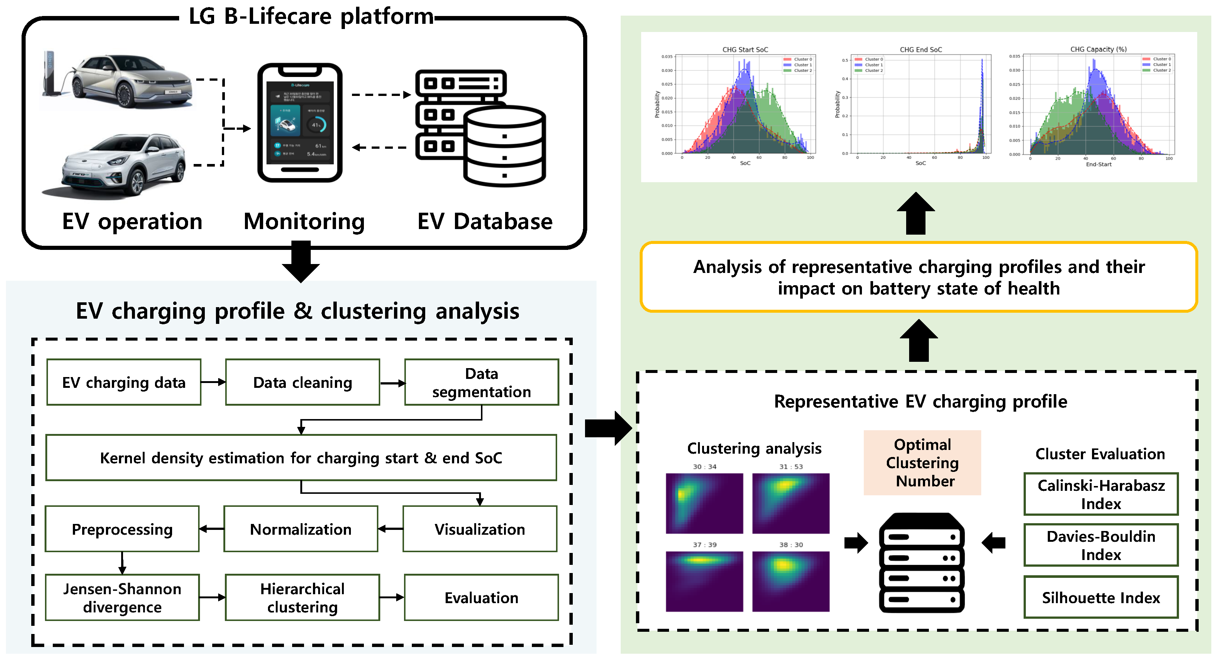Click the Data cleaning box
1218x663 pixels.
(303, 382)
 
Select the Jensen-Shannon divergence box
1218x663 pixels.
(122, 597)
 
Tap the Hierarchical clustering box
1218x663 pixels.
(303, 597)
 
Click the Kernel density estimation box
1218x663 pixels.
(301, 458)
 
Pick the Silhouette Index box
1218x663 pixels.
(1101, 597)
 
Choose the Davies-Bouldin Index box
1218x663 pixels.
(1101, 545)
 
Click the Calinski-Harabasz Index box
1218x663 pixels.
(1101, 494)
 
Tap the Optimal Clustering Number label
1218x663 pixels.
(923, 463)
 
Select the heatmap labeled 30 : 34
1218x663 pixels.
(704, 503)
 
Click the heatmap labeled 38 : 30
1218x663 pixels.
(791, 581)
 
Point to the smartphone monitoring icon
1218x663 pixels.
(300, 123)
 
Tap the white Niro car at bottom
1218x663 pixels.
(124, 165)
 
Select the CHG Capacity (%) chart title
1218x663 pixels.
(1098, 49)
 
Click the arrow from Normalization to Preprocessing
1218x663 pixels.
(211, 529)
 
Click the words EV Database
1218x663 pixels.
(485, 221)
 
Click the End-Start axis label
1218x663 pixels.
(1098, 164)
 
